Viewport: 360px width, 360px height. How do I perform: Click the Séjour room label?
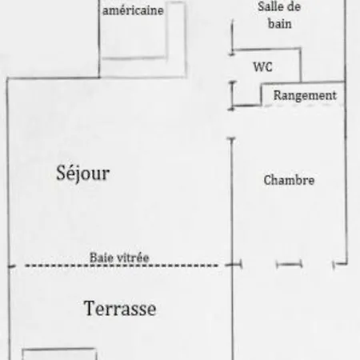pyautogui.click(x=82, y=174)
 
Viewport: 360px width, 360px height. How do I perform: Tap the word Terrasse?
pyautogui.click(x=120, y=308)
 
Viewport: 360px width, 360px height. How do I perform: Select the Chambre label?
pyautogui.click(x=289, y=180)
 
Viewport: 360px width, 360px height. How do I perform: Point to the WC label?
pyautogui.click(x=262, y=66)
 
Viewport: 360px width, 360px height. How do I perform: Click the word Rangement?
pyautogui.click(x=305, y=95)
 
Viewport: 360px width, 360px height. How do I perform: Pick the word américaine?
pyautogui.click(x=133, y=10)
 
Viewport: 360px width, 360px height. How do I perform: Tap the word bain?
pyautogui.click(x=279, y=23)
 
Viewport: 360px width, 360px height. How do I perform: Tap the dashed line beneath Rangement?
pyautogui.click(x=303, y=105)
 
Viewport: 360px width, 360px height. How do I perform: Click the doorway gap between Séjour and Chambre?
pyautogui.click(x=232, y=123)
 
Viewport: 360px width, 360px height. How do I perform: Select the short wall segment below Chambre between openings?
pyautogui.click(x=290, y=265)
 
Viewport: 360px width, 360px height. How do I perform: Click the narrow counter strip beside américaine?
pyautogui.click(x=176, y=40)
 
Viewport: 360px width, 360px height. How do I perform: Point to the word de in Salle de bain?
pyautogui.click(x=294, y=6)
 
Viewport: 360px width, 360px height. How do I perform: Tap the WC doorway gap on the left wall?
pyautogui.click(x=232, y=68)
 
